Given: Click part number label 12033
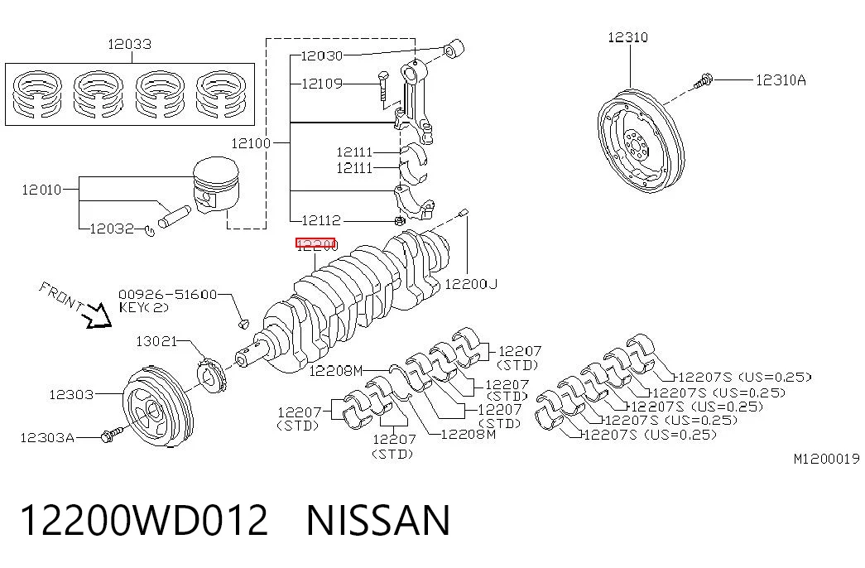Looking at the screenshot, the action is pyautogui.click(x=129, y=44).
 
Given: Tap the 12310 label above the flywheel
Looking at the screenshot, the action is pyautogui.click(x=627, y=37).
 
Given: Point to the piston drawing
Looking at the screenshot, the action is pyautogui.click(x=216, y=185).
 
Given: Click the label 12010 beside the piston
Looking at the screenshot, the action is pyautogui.click(x=41, y=190).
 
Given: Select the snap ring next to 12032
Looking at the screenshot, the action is pyautogui.click(x=149, y=230).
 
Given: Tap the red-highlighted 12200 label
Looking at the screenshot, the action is pyautogui.click(x=315, y=244).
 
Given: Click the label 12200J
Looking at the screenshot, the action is pyautogui.click(x=471, y=284).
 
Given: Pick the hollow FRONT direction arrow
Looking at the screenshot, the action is pyautogui.click(x=98, y=316).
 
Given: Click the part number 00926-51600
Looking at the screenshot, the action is pyautogui.click(x=168, y=294).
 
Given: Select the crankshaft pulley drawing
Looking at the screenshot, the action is pyautogui.click(x=158, y=402).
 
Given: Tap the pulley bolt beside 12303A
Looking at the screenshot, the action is pyautogui.click(x=112, y=435).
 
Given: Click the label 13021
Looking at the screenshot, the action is pyautogui.click(x=156, y=341).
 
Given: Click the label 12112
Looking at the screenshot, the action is pyautogui.click(x=321, y=220).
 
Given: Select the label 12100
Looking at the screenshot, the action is pyautogui.click(x=251, y=143).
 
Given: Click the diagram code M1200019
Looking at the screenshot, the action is pyautogui.click(x=826, y=458).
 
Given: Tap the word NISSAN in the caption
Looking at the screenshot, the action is pyautogui.click(x=378, y=520).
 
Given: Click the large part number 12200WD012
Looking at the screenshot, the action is pyautogui.click(x=144, y=520).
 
